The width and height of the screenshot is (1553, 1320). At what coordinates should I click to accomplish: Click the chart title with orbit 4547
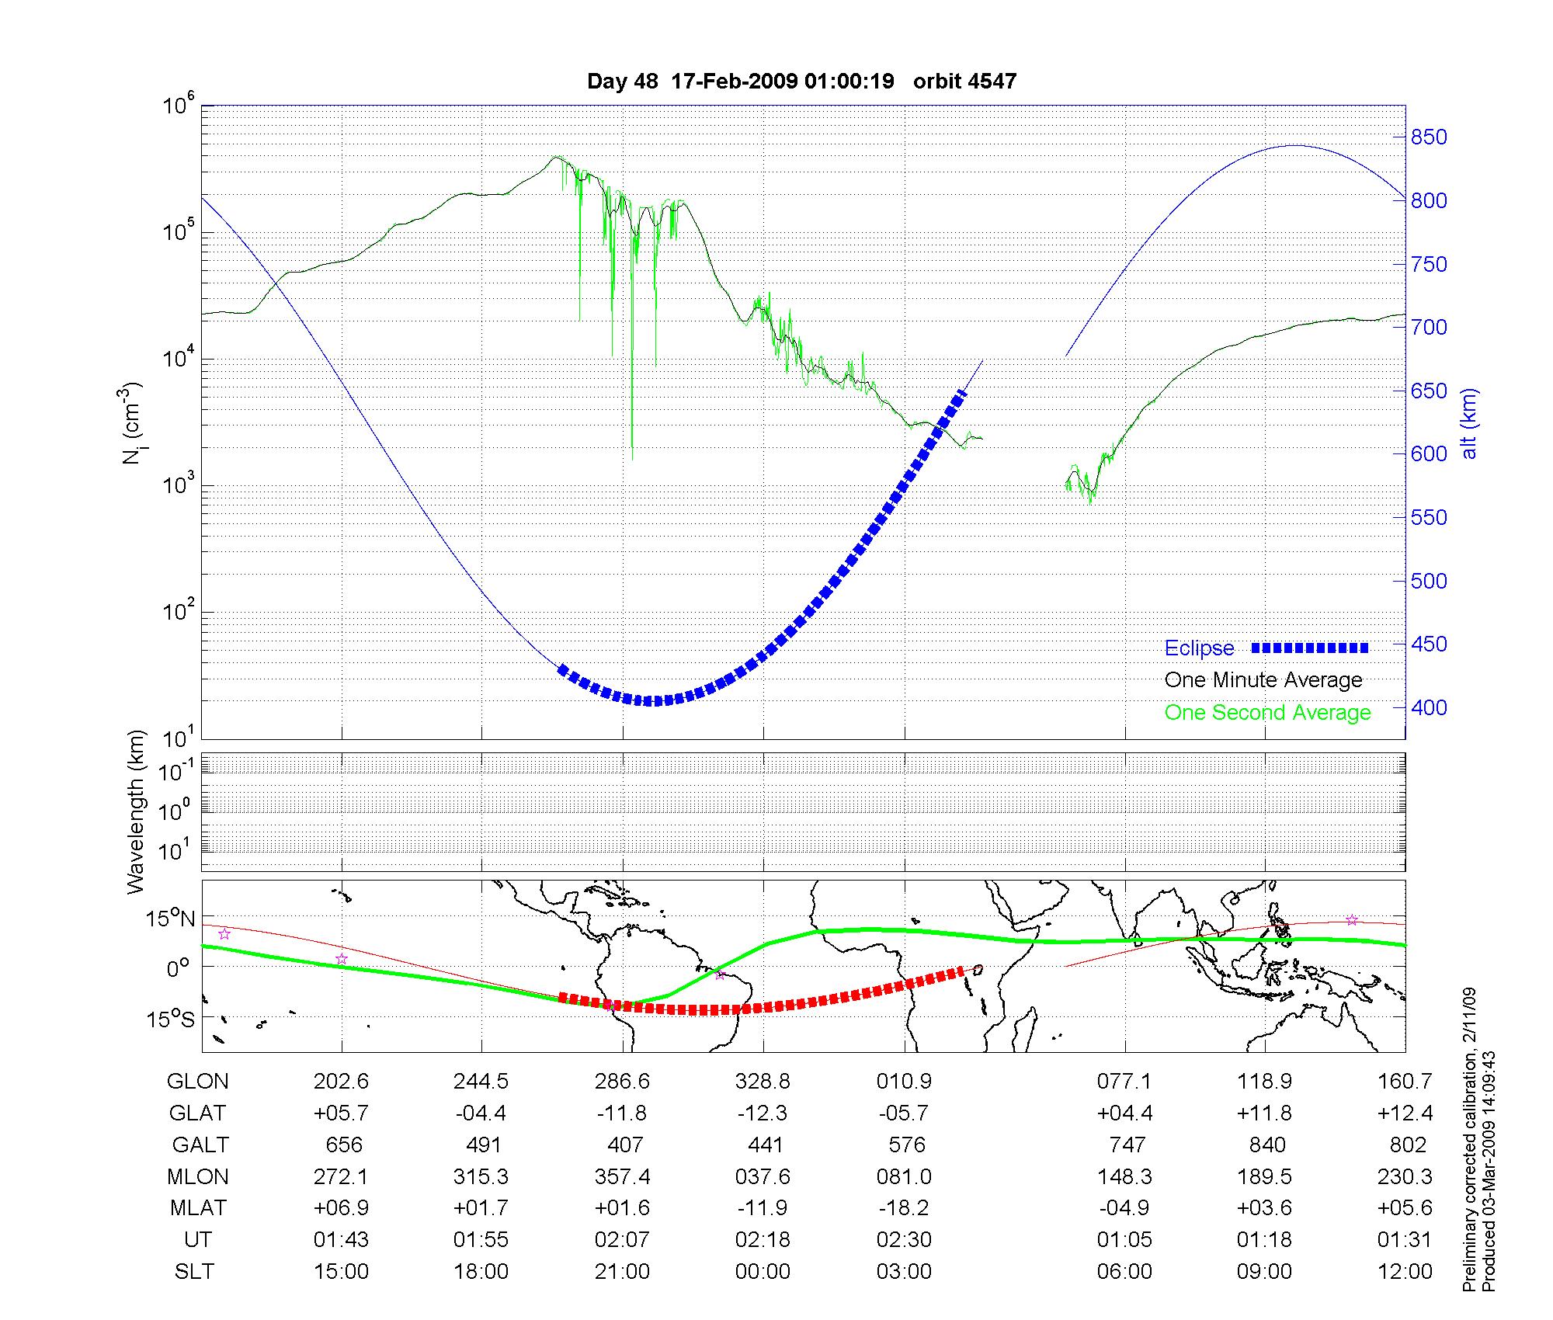click(801, 82)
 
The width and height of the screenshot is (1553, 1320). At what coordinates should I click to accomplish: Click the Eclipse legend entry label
click(1199, 648)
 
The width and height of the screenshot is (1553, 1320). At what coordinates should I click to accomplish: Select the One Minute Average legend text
click(1263, 680)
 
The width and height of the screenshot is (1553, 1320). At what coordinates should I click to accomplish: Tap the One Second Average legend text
click(1267, 713)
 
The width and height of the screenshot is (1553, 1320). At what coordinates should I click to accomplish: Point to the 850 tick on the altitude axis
click(1429, 137)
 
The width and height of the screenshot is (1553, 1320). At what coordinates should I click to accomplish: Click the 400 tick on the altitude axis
click(1429, 708)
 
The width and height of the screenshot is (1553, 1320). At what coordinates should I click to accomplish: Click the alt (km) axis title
click(1469, 424)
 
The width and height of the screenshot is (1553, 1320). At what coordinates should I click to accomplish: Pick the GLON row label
click(197, 1082)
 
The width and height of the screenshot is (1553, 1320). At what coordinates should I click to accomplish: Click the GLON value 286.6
click(622, 1082)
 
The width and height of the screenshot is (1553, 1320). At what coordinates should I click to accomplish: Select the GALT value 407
click(624, 1145)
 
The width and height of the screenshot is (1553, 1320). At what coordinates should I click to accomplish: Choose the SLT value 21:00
click(622, 1272)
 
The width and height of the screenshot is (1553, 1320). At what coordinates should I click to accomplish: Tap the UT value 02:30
click(904, 1240)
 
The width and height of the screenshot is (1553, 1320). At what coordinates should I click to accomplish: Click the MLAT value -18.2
click(904, 1208)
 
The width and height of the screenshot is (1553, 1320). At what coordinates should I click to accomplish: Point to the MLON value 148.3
click(1124, 1177)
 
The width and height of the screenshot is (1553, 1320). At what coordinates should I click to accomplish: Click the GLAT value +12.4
click(1405, 1113)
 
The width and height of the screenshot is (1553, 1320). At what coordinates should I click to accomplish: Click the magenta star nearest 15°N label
click(224, 934)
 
